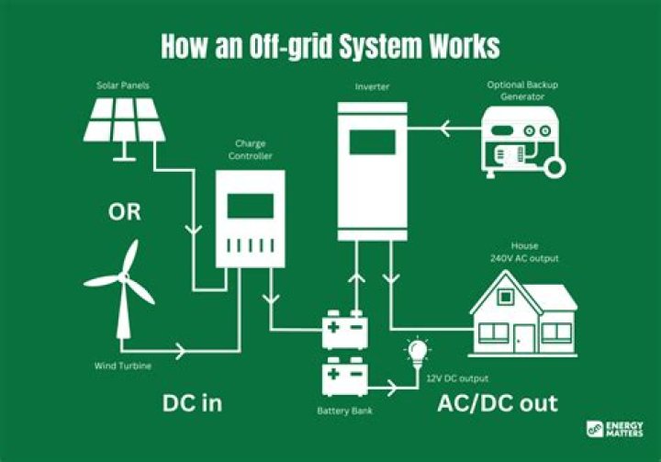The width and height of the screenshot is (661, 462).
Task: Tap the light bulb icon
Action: (x=418, y=350)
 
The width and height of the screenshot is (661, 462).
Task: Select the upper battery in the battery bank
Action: (x=345, y=330)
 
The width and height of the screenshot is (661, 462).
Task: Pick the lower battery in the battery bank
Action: (x=345, y=377)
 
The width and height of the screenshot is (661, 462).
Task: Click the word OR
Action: (x=125, y=212)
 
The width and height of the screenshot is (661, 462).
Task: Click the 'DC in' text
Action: (x=192, y=404)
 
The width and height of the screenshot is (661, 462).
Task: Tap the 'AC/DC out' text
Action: (x=497, y=404)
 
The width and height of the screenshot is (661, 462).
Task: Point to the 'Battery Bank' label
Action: (x=344, y=410)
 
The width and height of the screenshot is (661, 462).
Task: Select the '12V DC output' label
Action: (x=456, y=377)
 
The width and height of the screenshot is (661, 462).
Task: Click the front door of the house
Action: (x=526, y=335)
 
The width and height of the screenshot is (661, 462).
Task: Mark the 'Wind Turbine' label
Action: (x=122, y=366)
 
